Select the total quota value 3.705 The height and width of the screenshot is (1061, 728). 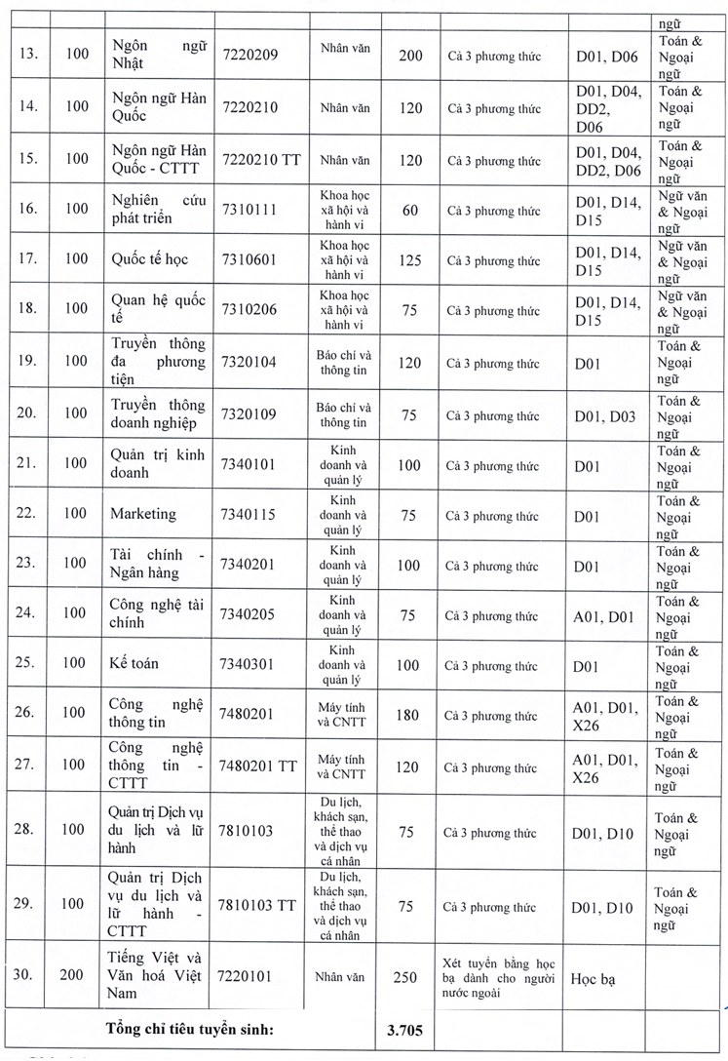pyautogui.click(x=410, y=1027)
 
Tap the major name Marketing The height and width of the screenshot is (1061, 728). pyautogui.click(x=142, y=514)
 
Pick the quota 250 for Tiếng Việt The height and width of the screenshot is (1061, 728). pyautogui.click(x=410, y=977)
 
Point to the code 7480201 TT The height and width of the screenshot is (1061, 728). pyautogui.click(x=262, y=764)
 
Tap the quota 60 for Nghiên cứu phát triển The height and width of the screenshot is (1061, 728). pyautogui.click(x=410, y=211)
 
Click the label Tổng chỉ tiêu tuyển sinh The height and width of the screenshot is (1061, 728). pyautogui.click(x=190, y=1027)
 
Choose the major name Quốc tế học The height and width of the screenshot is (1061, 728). pyautogui.click(x=149, y=260)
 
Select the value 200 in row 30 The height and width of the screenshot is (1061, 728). pyautogui.click(x=74, y=976)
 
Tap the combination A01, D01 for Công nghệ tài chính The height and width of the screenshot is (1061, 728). pyautogui.click(x=604, y=616)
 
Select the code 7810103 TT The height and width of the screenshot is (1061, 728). pyautogui.click(x=262, y=905)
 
